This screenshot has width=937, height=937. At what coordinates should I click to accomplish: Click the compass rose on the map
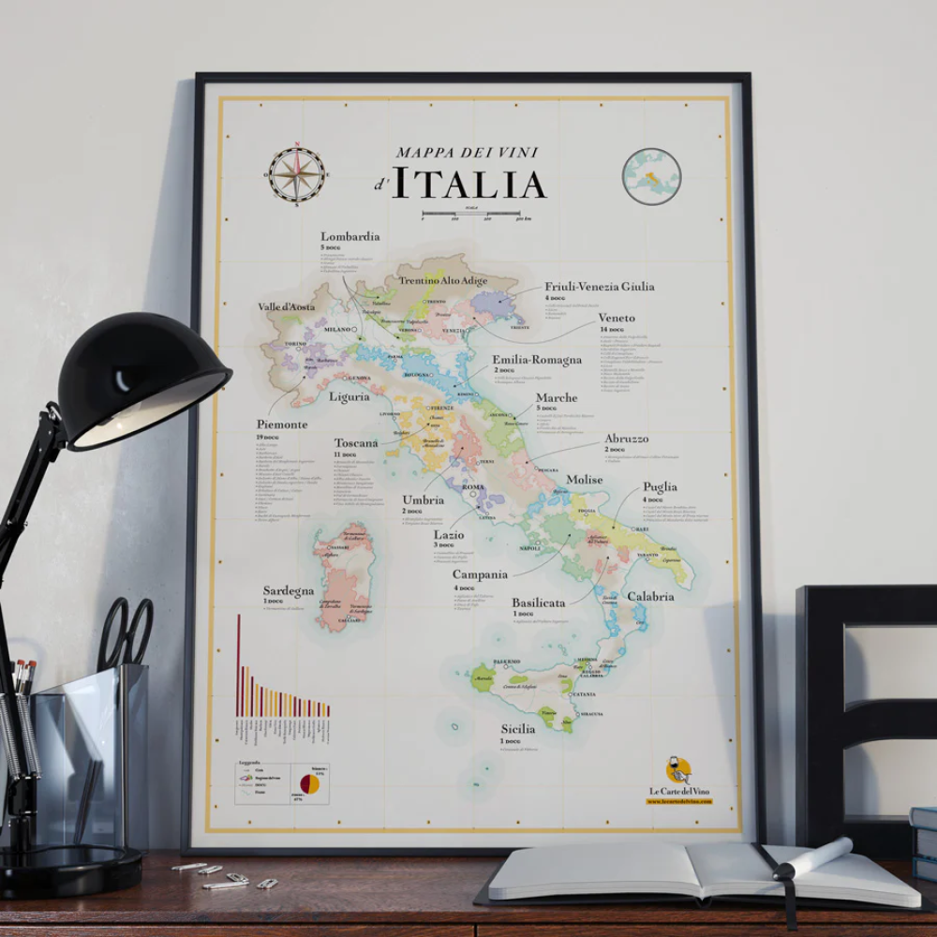(x=297, y=174)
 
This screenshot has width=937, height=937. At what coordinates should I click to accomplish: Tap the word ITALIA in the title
(x=468, y=184)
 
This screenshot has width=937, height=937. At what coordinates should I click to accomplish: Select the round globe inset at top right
(x=651, y=176)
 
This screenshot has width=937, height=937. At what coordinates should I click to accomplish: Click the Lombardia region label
(x=350, y=237)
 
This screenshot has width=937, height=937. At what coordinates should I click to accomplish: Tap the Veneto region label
(x=617, y=318)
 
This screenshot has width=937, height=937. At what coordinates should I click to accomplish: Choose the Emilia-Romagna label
(x=537, y=359)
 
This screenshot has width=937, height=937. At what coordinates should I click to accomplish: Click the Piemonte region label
(x=281, y=424)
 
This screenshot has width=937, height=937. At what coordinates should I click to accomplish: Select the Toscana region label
(x=356, y=442)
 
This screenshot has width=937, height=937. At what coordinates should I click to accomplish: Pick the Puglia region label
(x=660, y=487)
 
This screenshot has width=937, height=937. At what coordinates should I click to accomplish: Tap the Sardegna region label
(x=288, y=591)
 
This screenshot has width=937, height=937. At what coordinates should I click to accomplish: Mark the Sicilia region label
(x=517, y=728)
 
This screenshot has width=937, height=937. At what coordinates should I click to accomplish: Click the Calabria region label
(x=650, y=596)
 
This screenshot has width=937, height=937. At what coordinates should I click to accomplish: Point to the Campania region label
(x=480, y=574)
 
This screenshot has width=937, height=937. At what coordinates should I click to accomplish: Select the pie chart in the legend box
(x=309, y=783)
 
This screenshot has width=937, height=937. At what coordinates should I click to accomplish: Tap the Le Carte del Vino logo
(x=678, y=772)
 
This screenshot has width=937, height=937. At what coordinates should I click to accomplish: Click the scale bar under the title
(x=470, y=214)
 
